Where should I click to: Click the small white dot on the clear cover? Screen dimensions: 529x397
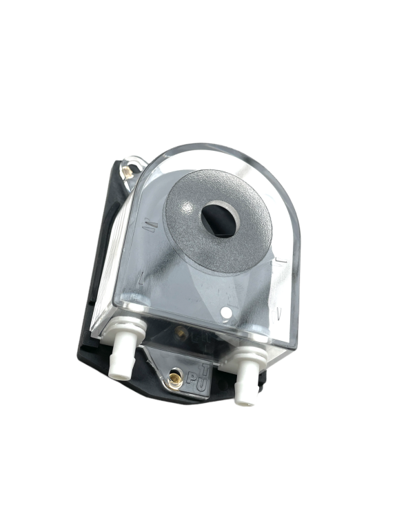[225, 313]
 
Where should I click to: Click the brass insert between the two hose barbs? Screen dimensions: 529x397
[180, 333]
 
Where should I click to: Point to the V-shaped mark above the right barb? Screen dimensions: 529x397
[278, 313]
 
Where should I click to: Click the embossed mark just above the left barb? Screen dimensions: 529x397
[140, 279]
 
